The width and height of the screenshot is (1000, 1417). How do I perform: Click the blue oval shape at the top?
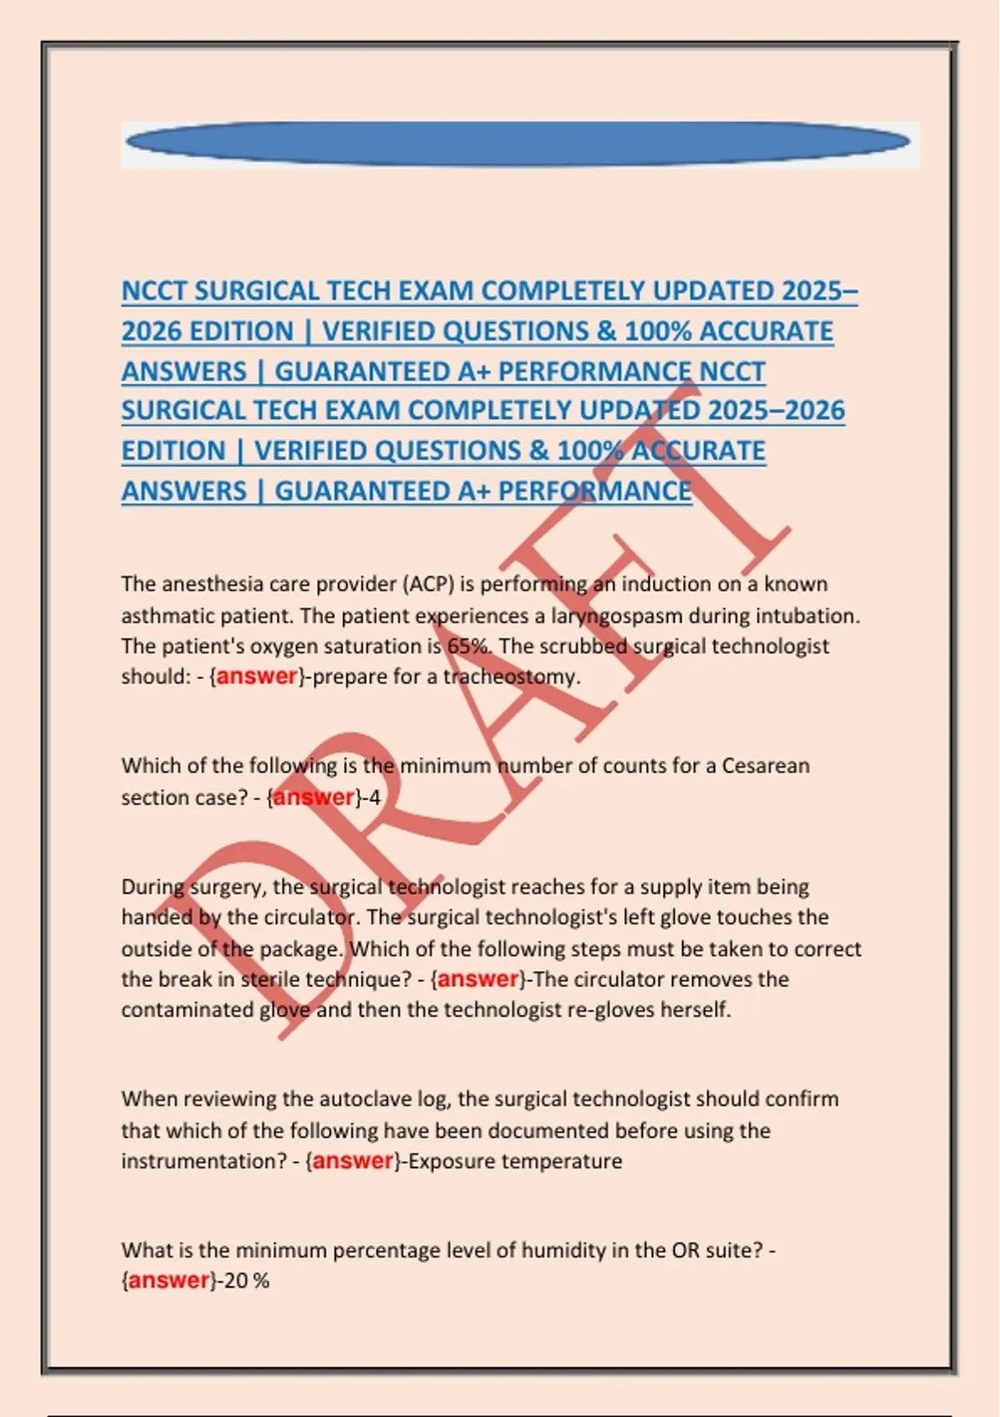(517, 144)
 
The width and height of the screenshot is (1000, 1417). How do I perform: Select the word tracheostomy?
(510, 676)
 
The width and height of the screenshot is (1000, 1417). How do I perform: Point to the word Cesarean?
(765, 765)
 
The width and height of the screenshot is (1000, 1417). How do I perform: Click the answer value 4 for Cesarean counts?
(375, 798)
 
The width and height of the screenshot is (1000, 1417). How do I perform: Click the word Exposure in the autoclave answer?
(447, 1161)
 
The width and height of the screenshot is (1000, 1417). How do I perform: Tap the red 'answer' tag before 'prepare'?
(257, 676)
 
